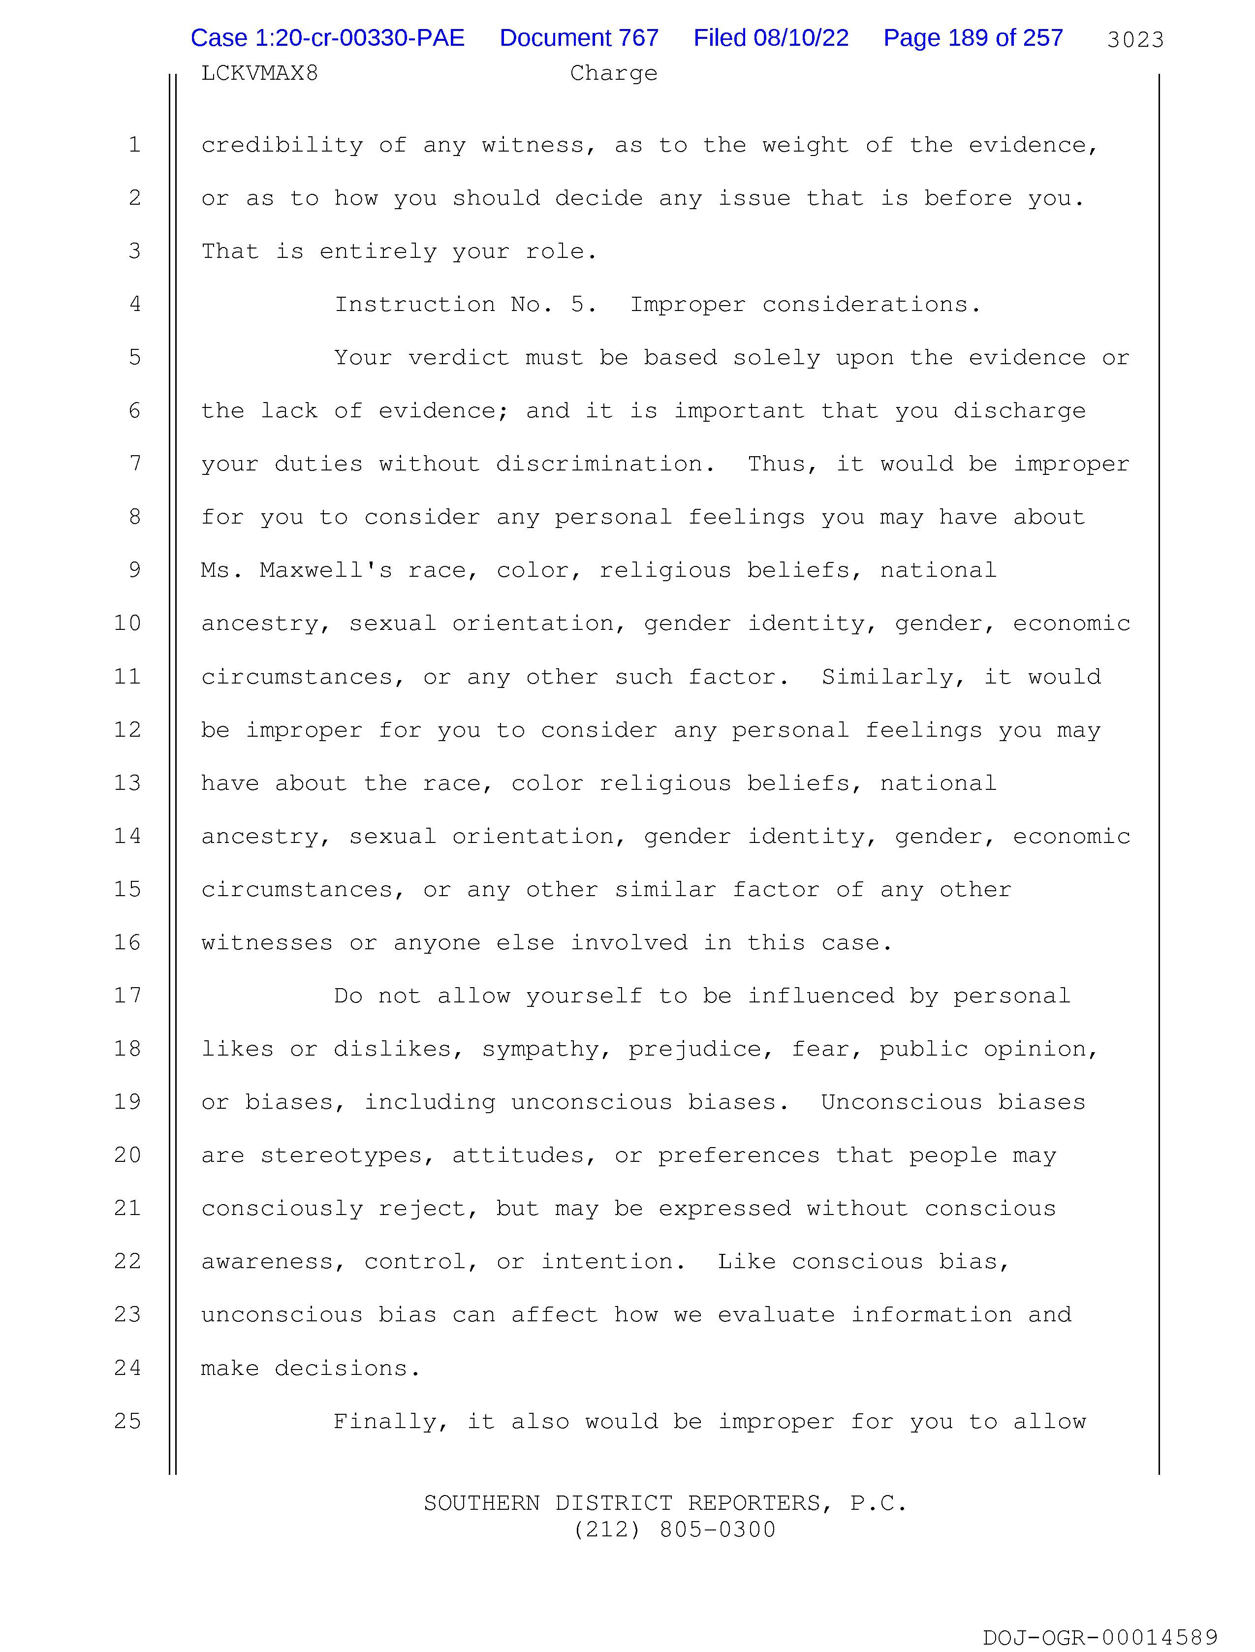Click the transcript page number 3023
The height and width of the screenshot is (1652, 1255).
pyautogui.click(x=1135, y=39)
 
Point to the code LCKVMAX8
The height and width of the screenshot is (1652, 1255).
pyautogui.click(x=259, y=73)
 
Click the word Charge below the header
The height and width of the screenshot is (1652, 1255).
pyautogui.click(x=613, y=73)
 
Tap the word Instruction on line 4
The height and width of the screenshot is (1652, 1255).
pyautogui.click(x=414, y=305)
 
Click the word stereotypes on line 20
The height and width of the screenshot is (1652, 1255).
pyautogui.click(x=347, y=1155)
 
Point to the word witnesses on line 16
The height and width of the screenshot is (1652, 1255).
pyautogui.click(x=267, y=942)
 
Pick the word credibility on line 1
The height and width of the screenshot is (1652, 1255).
pyautogui.click(x=282, y=145)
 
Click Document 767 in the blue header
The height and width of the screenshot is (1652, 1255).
pyautogui.click(x=579, y=38)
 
